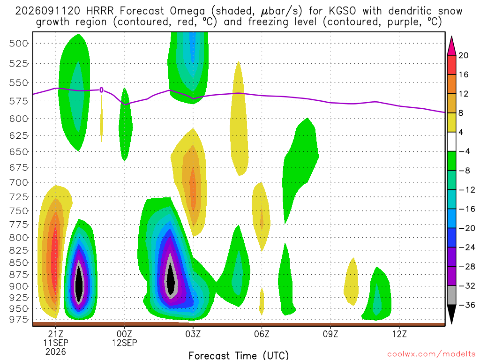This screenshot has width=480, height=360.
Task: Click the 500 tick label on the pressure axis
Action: point(18,44)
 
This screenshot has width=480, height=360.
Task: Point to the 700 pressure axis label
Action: point(18,183)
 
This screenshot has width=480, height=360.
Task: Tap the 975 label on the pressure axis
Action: point(18,319)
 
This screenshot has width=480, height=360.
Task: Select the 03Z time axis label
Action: point(193,334)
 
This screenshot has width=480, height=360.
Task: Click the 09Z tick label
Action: point(330,334)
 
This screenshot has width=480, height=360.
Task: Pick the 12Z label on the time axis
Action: point(399,334)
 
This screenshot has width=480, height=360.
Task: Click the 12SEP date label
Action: point(124,343)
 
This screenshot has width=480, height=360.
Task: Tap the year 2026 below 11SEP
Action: point(55,352)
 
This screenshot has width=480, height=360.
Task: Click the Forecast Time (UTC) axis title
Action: point(239,355)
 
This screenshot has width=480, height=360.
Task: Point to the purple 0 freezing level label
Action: point(101,90)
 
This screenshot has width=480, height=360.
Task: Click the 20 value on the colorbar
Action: point(463,55)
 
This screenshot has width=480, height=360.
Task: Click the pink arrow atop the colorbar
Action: point(451,46)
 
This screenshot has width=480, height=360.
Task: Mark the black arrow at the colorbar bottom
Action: point(451,314)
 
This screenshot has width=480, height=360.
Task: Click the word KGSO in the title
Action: point(342,11)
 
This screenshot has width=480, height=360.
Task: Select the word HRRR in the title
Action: point(100,11)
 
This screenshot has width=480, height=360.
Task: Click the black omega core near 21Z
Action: point(79,283)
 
